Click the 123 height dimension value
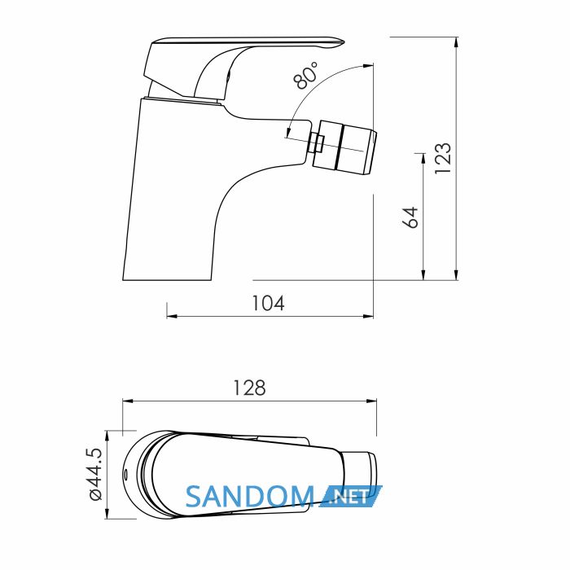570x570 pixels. [444, 159]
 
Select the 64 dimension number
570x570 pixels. [410, 217]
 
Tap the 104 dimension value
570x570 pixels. [268, 303]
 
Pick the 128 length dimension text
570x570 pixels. [249, 388]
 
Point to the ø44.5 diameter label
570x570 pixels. [95, 474]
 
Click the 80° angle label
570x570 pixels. [305, 75]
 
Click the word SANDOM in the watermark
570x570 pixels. [250, 497]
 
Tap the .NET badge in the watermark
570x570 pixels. [351, 496]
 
